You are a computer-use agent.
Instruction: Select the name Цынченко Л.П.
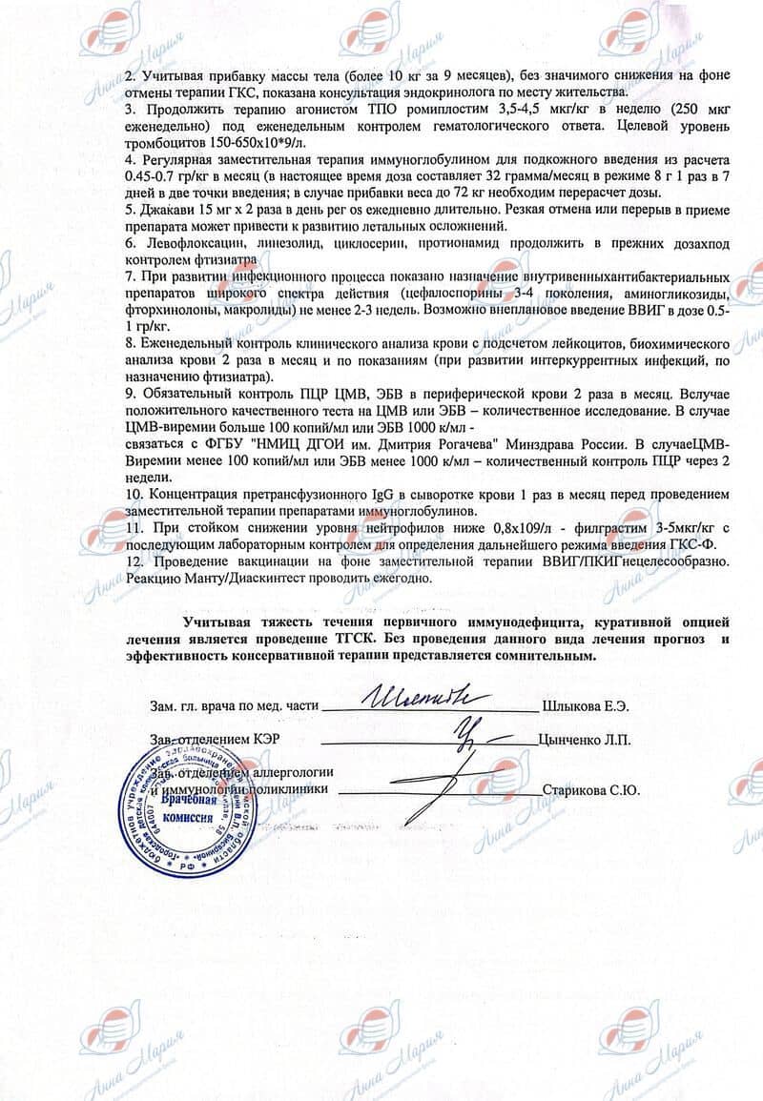click(584, 739)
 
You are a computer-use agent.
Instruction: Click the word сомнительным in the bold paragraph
click(546, 656)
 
